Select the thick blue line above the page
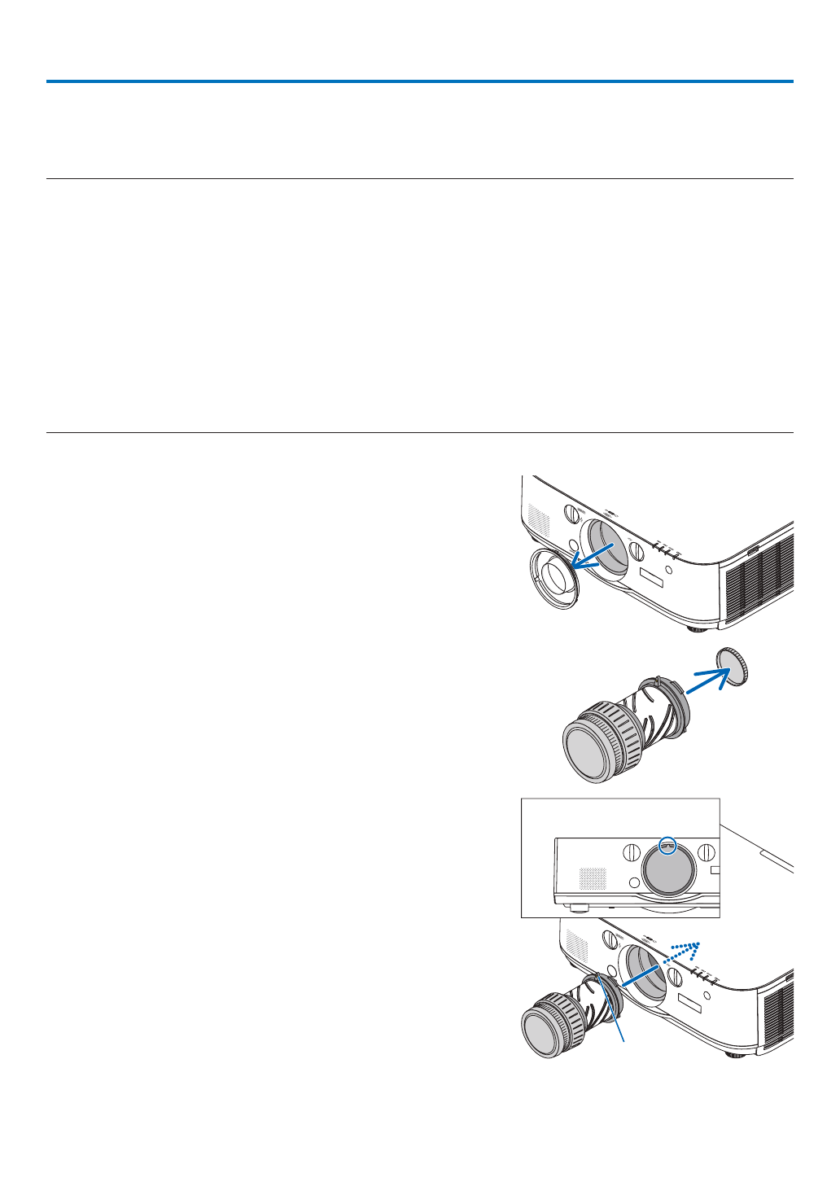[419, 81]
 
